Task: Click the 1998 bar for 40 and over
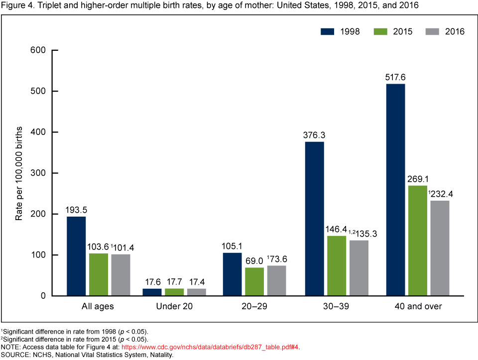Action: [395, 190]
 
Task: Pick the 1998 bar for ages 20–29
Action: [232, 274]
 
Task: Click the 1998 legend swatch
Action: [327, 31]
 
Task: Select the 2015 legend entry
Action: [388, 31]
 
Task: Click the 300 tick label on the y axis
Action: [38, 173]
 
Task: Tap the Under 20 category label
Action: [174, 307]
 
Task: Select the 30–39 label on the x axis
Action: [337, 307]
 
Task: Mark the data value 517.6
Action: [395, 77]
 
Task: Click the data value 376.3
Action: [314, 135]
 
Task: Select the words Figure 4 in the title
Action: [14, 5]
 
